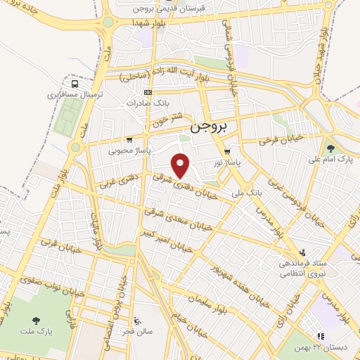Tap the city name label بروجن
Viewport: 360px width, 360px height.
[209, 130]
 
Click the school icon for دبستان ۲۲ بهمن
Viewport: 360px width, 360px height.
[320, 337]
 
